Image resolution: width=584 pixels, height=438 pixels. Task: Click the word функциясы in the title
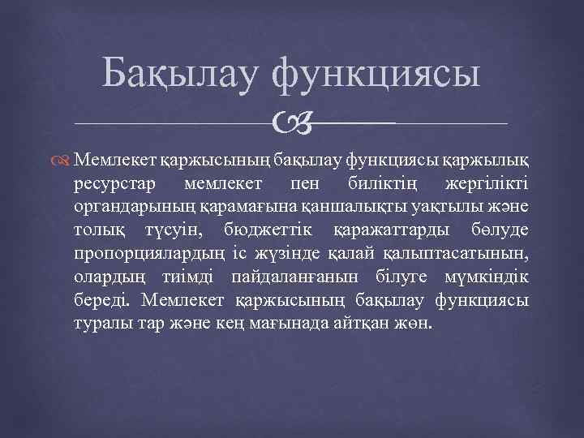point(376,75)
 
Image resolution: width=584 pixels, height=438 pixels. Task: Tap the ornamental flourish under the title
point(291,123)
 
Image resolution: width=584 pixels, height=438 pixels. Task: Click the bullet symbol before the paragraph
point(86,152)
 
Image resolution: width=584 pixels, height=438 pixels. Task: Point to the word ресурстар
point(133,182)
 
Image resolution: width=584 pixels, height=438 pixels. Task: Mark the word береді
point(116,302)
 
